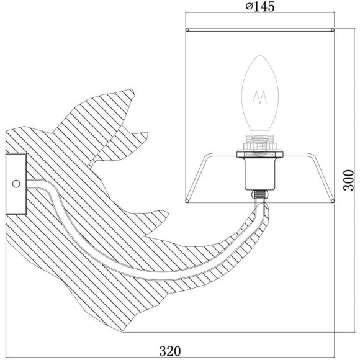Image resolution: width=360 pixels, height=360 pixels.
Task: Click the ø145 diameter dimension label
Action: pos(260,6)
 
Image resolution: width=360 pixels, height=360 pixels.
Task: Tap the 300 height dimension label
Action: pos(349,180)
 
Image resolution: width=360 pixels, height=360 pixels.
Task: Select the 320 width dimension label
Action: pos(170,351)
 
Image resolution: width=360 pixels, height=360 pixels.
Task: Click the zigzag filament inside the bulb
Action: pos(259,97)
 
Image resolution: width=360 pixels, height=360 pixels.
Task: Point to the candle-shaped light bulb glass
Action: pos(260,93)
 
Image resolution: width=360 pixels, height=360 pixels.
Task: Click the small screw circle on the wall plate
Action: pos(16,184)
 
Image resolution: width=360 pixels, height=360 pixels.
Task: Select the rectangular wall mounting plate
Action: pos(16,184)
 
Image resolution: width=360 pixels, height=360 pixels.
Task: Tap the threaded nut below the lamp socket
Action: pos(259,195)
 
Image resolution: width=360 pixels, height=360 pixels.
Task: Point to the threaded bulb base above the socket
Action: pos(260,142)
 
